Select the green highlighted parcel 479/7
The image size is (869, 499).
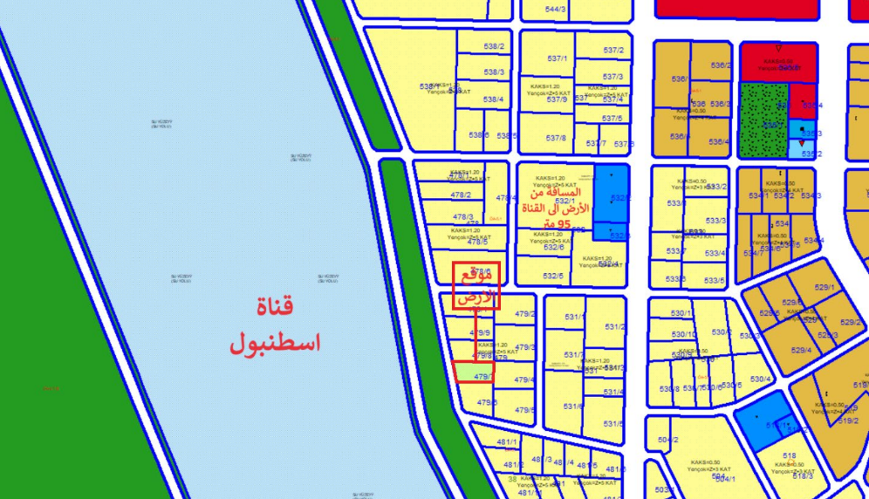(x=474, y=373)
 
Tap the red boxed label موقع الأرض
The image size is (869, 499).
(x=476, y=286)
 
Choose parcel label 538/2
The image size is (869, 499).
(x=495, y=47)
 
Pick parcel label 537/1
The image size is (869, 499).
(x=557, y=59)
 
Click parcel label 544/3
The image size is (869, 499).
(x=556, y=10)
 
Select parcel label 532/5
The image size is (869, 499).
(x=553, y=277)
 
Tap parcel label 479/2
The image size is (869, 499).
(x=525, y=314)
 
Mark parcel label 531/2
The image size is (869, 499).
(x=615, y=327)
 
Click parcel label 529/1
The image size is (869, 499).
(x=825, y=288)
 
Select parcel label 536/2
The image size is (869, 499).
(x=720, y=65)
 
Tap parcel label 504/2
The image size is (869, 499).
(x=667, y=441)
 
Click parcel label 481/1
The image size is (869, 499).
(x=507, y=442)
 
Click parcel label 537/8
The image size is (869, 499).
(x=556, y=138)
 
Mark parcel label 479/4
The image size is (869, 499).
(x=524, y=379)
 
